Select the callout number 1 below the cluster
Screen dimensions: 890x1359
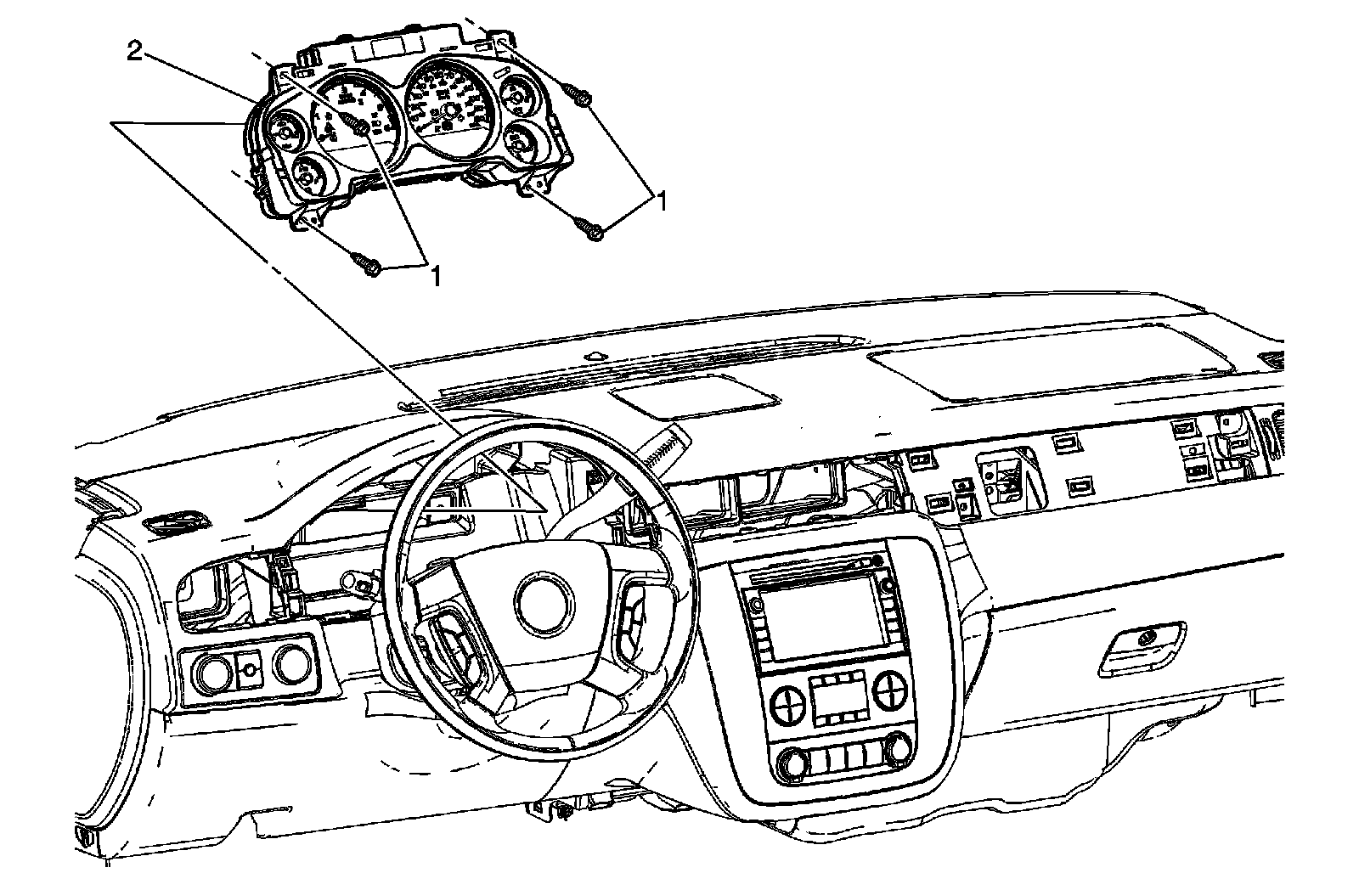[x=437, y=275]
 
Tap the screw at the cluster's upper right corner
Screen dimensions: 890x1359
[x=581, y=99]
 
